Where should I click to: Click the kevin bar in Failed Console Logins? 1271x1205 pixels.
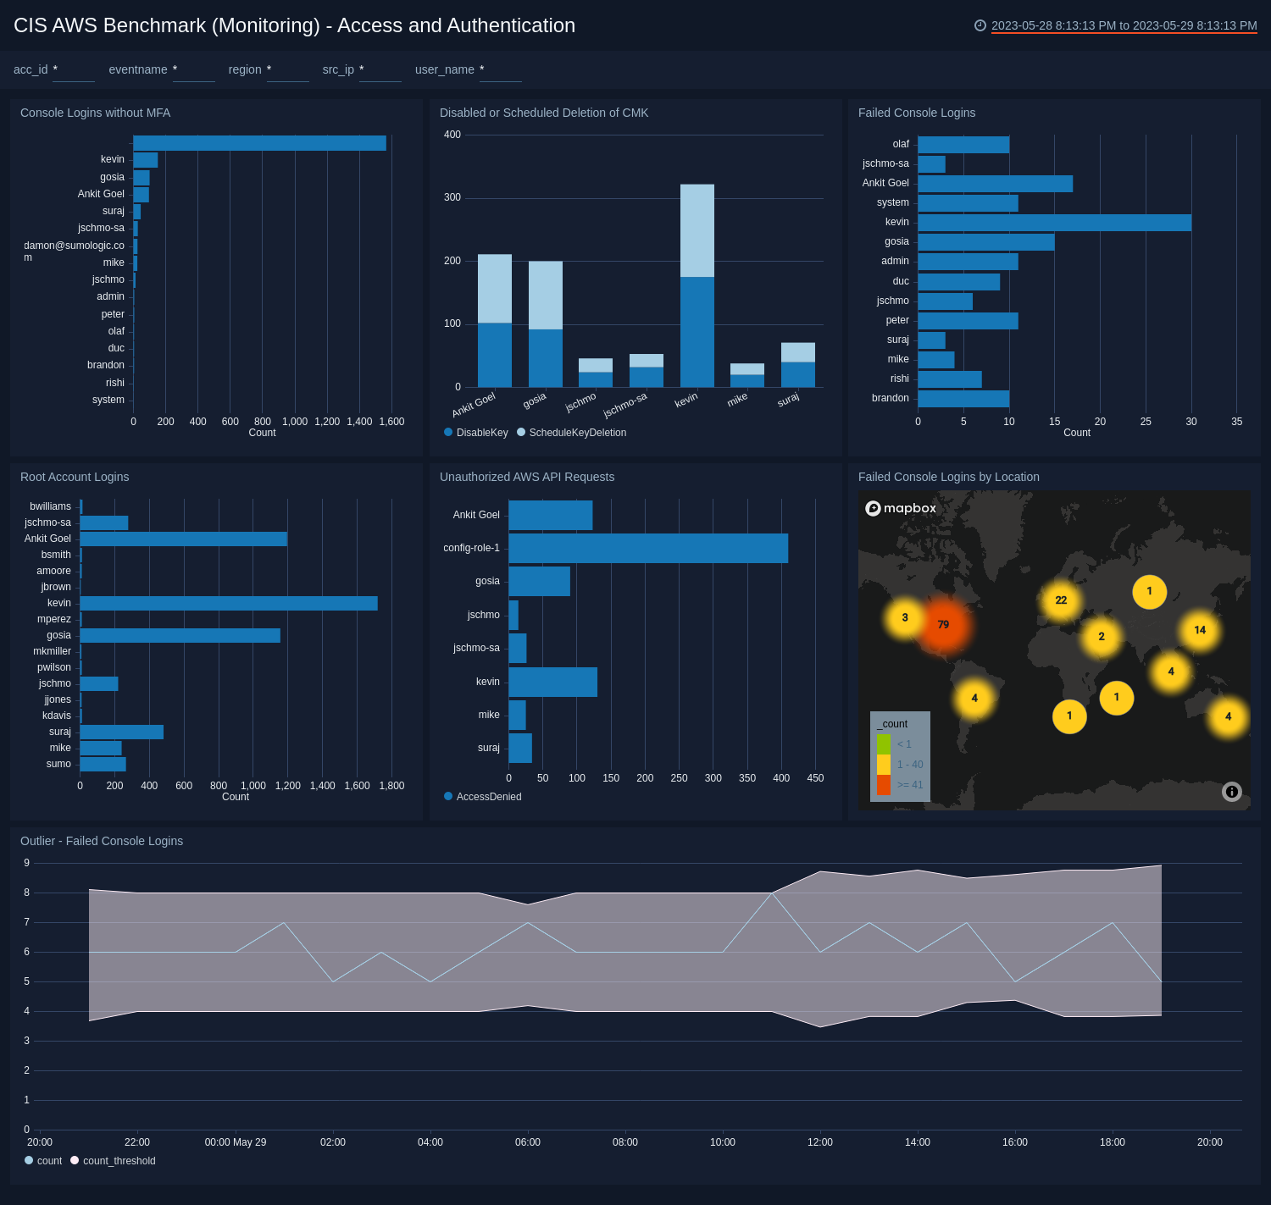[x=1054, y=222]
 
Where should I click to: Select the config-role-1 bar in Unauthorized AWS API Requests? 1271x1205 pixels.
[x=648, y=548]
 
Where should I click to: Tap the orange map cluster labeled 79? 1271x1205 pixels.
[x=943, y=625]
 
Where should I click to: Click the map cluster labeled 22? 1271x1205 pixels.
[x=1061, y=600]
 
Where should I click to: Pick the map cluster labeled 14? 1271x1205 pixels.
[x=1200, y=630]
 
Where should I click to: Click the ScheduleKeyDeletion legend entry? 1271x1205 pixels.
[x=577, y=433]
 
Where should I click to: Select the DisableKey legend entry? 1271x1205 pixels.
[x=481, y=433]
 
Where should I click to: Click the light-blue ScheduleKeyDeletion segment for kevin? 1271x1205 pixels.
[x=697, y=230]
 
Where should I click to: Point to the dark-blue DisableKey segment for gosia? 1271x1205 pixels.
[x=546, y=357]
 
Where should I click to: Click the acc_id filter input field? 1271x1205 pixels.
[x=74, y=70]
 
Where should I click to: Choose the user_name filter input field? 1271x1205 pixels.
[x=500, y=70]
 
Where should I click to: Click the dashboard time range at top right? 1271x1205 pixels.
[x=1124, y=25]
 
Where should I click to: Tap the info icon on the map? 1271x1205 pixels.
[x=1232, y=792]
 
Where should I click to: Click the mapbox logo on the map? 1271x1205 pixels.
[x=901, y=508]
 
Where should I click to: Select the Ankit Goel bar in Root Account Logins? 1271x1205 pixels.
[x=183, y=539]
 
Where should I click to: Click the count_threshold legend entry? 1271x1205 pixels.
[x=119, y=1161]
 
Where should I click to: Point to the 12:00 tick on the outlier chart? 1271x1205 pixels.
[x=820, y=1141]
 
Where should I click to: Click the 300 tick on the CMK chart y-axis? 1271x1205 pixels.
[x=452, y=197]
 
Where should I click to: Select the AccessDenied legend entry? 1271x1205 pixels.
[x=488, y=797]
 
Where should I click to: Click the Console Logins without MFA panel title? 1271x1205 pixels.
[x=95, y=113]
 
